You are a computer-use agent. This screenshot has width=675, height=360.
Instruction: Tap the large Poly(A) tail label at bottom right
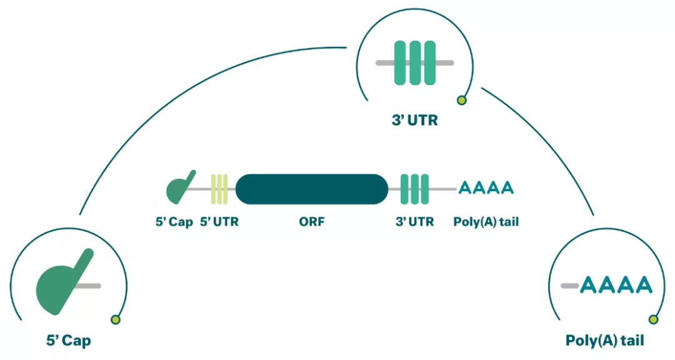(604, 341)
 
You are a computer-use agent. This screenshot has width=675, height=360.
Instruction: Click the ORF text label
(311, 221)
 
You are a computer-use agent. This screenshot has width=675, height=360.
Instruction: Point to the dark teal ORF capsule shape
(311, 189)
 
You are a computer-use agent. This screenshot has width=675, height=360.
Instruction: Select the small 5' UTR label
(219, 221)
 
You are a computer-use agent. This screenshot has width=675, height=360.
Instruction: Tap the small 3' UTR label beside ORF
(414, 221)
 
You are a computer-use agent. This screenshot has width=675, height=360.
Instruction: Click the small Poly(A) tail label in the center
(486, 221)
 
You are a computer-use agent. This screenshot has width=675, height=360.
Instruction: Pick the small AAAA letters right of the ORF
(486, 187)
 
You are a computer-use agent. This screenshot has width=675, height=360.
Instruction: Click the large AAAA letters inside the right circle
(616, 285)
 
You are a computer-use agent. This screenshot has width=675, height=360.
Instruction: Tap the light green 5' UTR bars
(219, 189)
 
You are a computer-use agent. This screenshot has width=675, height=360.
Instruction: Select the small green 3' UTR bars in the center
(414, 189)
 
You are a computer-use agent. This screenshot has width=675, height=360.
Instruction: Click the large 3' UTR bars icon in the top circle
(414, 63)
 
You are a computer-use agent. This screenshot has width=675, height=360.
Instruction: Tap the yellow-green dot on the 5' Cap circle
(115, 320)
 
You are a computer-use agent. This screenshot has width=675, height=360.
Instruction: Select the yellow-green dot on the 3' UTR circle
(462, 99)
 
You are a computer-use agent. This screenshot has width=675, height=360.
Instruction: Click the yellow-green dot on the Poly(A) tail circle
(654, 320)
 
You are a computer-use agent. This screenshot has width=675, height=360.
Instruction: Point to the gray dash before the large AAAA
(569, 286)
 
